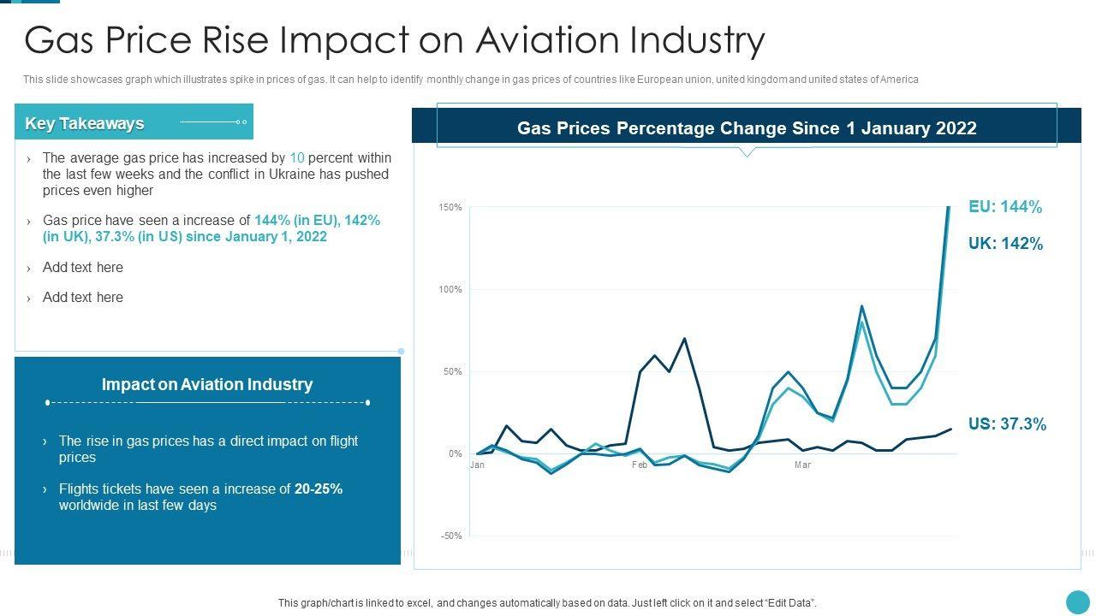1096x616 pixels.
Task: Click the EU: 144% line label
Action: tap(1004, 207)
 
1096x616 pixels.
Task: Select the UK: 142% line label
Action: tap(1005, 244)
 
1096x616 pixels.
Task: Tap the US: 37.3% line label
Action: tap(1007, 424)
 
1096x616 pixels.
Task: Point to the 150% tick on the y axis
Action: tap(450, 208)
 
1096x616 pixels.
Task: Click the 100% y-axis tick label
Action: tap(450, 290)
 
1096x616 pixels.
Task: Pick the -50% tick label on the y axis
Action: tap(450, 536)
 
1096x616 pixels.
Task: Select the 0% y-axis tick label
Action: tap(455, 454)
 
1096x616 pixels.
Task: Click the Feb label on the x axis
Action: tap(640, 465)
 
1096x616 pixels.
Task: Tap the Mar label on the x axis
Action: tap(802, 465)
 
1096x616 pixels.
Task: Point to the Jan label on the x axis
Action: tap(477, 465)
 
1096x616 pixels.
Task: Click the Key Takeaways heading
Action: tap(85, 123)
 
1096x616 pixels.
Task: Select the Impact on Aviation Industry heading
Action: tap(207, 385)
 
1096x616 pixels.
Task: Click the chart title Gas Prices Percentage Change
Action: tap(747, 128)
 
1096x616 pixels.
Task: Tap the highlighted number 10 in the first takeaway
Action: tap(297, 158)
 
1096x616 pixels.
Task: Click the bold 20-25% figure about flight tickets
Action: tap(319, 489)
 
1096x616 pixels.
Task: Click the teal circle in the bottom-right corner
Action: tap(1077, 601)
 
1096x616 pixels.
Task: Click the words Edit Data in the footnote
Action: tap(789, 603)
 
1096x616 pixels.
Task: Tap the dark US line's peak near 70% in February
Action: tap(684, 339)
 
